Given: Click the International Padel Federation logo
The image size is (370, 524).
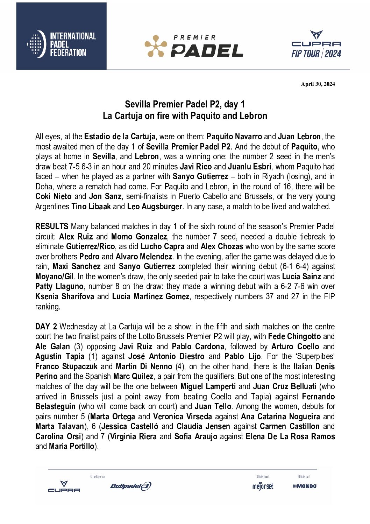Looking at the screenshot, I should pyautogui.click(x=62, y=44).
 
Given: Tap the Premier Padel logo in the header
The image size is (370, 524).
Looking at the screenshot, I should pyautogui.click(x=194, y=46).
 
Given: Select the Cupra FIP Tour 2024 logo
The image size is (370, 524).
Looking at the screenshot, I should pyautogui.click(x=316, y=44).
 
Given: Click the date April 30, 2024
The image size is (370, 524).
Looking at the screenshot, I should pyautogui.click(x=318, y=84).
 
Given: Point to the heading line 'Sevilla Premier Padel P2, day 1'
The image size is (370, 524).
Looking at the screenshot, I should pyautogui.click(x=185, y=104).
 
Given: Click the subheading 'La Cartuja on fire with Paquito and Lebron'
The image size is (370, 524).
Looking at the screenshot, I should pyautogui.click(x=185, y=116).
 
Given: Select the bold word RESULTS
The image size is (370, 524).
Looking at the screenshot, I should pyautogui.click(x=52, y=226).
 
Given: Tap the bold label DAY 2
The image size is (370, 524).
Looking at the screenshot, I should pyautogui.click(x=46, y=327).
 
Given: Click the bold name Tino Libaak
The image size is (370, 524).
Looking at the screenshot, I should pyautogui.click(x=91, y=207).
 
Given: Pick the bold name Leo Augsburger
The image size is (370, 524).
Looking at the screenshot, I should pyautogui.click(x=154, y=207).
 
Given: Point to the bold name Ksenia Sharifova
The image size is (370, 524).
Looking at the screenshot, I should pyautogui.click(x=65, y=296).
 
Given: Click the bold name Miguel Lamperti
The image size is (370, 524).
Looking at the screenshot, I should pyautogui.click(x=208, y=386).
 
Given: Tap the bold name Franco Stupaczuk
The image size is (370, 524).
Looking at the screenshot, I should pyautogui.click(x=66, y=366).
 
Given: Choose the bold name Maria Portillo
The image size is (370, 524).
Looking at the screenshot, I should pyautogui.click(x=72, y=446).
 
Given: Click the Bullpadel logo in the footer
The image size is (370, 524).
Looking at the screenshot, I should pyautogui.click(x=131, y=486).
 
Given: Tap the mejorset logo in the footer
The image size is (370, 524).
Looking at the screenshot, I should pyautogui.click(x=263, y=486).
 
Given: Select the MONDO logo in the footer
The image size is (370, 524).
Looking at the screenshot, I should pyautogui.click(x=305, y=486).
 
